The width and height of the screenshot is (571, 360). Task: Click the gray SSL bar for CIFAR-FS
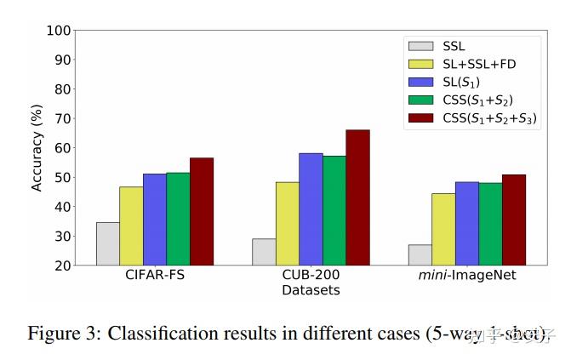pyautogui.click(x=107, y=243)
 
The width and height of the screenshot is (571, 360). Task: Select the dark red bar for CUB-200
pyautogui.click(x=357, y=197)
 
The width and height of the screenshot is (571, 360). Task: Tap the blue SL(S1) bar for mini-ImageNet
pyautogui.click(x=466, y=223)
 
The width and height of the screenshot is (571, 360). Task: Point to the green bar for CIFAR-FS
pyautogui.click(x=178, y=219)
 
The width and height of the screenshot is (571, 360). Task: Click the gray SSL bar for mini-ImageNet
pyautogui.click(x=420, y=254)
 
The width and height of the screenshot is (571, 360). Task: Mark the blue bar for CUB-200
pyautogui.click(x=311, y=209)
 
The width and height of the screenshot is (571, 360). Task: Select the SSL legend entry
pyautogui.click(x=454, y=46)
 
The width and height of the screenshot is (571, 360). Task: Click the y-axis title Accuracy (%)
pyautogui.click(x=37, y=146)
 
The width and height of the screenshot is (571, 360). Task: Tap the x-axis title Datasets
pyautogui.click(x=311, y=290)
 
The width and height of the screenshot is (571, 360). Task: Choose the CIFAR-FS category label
pyautogui.click(x=154, y=276)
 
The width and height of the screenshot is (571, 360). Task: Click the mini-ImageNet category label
pyautogui.click(x=466, y=276)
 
